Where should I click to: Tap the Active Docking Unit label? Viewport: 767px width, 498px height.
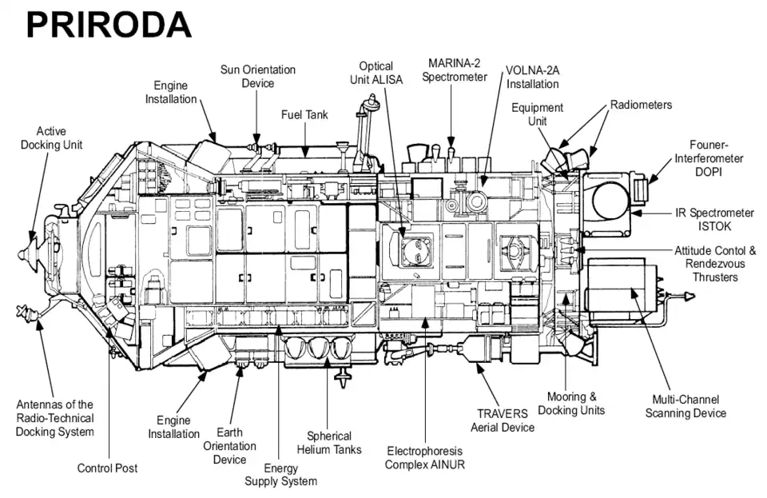(51, 137)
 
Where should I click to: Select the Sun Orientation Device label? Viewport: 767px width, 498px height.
(257, 76)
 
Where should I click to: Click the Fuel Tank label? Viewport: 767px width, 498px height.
(304, 115)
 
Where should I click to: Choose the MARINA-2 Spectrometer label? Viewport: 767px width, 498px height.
(455, 70)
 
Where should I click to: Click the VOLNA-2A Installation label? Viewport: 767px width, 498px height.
(532, 76)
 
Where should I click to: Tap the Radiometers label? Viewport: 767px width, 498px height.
(641, 105)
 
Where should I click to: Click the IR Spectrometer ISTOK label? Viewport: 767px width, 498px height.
(713, 220)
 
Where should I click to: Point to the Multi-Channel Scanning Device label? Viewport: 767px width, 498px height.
(686, 406)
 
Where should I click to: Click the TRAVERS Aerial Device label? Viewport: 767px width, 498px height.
(502, 420)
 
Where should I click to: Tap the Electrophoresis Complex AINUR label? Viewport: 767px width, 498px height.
(424, 457)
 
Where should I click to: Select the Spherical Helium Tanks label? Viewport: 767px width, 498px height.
(329, 442)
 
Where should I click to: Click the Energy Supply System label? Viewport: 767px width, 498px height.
(280, 474)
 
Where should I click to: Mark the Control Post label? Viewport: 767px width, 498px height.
(107, 468)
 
